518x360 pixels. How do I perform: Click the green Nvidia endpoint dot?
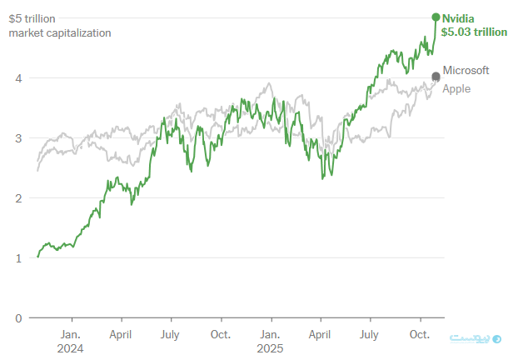pyautogui.click(x=436, y=17)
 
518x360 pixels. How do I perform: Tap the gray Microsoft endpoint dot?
pyautogui.click(x=436, y=77)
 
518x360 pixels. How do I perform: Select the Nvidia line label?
pyautogui.click(x=459, y=17)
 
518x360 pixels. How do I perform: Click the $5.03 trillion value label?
pyautogui.click(x=473, y=32)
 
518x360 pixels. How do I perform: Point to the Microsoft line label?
pyautogui.click(x=466, y=71)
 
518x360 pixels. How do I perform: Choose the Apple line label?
pyautogui.click(x=456, y=88)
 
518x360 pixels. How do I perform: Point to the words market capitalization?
pyautogui.click(x=59, y=32)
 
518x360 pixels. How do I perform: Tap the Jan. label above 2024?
pyautogui.click(x=72, y=334)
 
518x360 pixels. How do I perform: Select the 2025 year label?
pyautogui.click(x=270, y=348)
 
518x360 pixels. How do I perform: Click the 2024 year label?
pyautogui.click(x=72, y=348)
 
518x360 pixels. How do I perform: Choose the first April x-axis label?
pyautogui.click(x=121, y=334)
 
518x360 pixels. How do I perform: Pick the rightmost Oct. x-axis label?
pyautogui.click(x=419, y=334)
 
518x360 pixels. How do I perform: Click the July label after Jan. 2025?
pyautogui.click(x=369, y=334)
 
